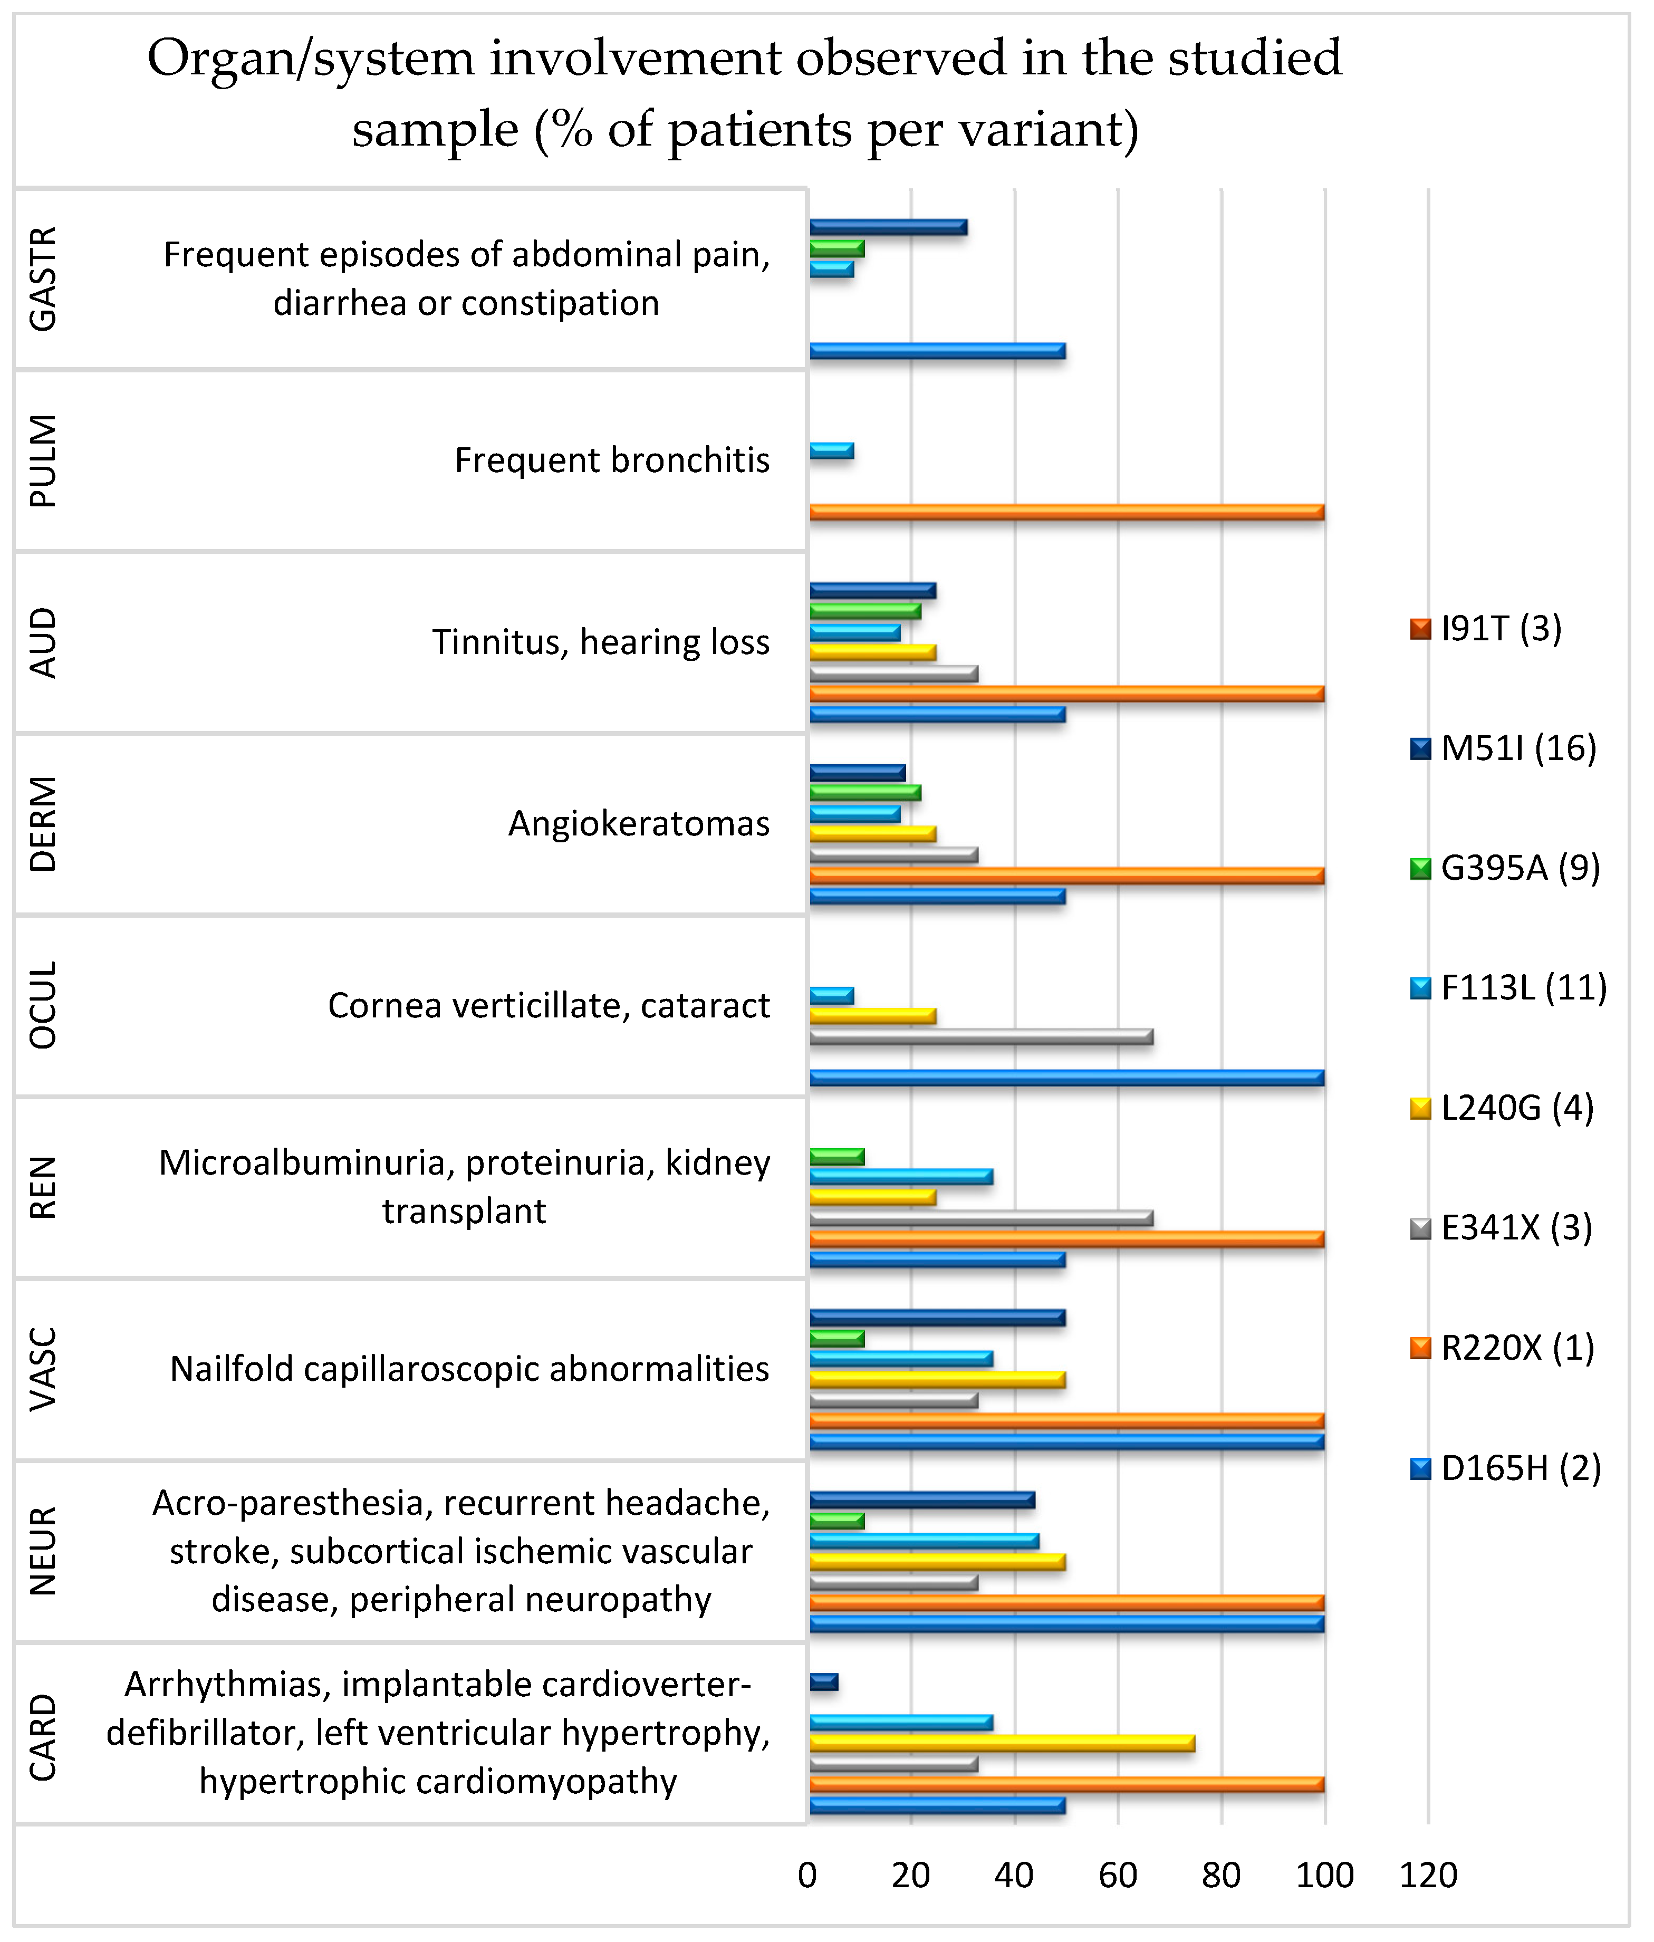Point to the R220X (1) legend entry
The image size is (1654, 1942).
1516,1348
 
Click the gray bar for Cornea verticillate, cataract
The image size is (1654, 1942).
981,1036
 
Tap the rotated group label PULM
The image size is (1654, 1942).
43,461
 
